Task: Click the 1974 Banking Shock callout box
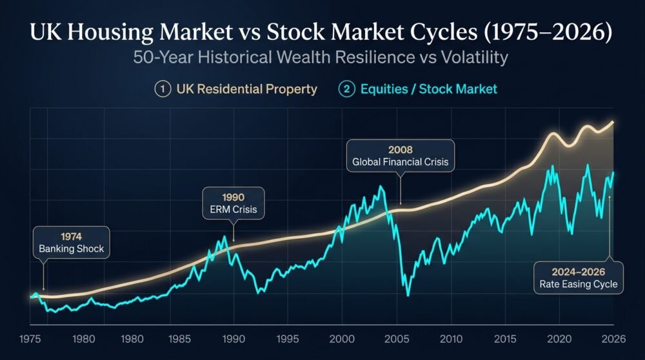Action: tap(71, 243)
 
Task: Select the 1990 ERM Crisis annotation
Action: tap(233, 203)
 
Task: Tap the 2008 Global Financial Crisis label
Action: tap(401, 155)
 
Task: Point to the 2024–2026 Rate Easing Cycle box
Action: tap(579, 277)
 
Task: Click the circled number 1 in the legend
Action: tap(163, 89)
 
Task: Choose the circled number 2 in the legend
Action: tap(347, 89)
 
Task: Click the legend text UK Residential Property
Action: tap(247, 89)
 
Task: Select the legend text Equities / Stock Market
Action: tap(429, 89)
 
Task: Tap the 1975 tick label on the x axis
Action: tap(30, 339)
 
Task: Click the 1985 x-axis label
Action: tap(180, 339)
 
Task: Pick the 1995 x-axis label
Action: tap(288, 339)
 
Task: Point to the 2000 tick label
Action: tap(342, 339)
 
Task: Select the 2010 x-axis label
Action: tap(451, 339)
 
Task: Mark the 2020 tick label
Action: tap(559, 339)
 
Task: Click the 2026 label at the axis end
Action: tap(614, 339)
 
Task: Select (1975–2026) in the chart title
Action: tap(548, 32)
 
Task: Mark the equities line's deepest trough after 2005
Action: tap(408, 295)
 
